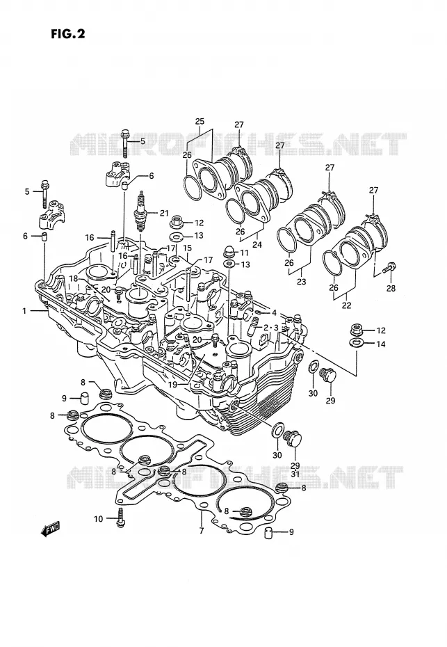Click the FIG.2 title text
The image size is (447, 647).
coord(68,34)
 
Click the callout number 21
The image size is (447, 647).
coord(164,214)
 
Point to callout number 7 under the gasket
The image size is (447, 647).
coord(202,531)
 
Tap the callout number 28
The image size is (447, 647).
coord(391,288)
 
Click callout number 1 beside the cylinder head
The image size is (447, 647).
coord(24,311)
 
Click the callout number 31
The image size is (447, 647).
coord(295,474)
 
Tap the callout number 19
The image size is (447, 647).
coord(172,384)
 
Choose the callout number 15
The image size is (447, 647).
coord(187,248)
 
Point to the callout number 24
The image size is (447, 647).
coord(257,245)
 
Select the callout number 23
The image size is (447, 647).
coord(302,282)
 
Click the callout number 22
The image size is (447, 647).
coord(346,305)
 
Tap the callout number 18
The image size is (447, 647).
coord(74,278)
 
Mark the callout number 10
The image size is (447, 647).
coord(98,519)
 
